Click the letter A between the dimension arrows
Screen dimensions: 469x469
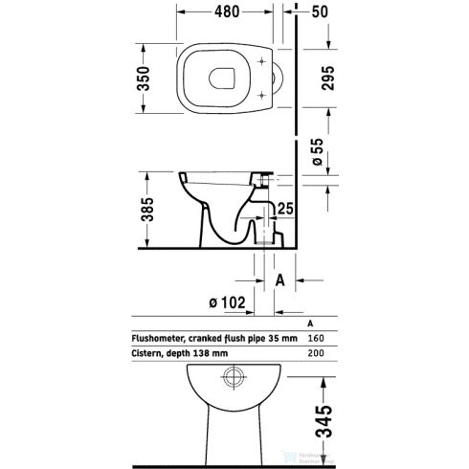pos(281,280)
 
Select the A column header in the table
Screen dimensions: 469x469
pos(310,324)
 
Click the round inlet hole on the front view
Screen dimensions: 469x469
pos(231,378)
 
